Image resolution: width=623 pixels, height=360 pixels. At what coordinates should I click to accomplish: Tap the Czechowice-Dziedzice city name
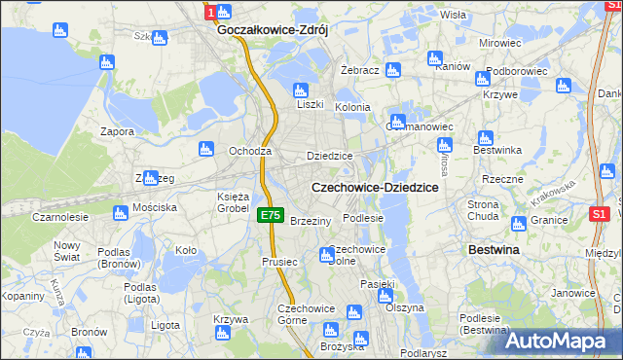[x=374, y=186]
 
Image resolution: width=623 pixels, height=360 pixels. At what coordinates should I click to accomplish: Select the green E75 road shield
[x=272, y=216]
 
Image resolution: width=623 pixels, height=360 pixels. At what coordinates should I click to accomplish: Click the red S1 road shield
[x=600, y=214]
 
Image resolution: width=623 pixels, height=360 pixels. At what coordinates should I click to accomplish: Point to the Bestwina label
[x=494, y=250]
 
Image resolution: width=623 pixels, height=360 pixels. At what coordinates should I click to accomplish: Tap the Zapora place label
[x=117, y=130]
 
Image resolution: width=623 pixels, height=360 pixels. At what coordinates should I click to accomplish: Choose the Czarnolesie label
[x=59, y=217]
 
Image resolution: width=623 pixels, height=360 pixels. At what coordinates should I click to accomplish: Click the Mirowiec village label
[x=500, y=44]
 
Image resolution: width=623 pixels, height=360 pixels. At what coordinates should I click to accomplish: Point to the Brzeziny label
[x=311, y=221]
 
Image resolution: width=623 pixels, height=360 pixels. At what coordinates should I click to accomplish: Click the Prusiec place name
[x=278, y=262]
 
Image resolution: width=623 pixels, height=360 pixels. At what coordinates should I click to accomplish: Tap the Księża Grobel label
[x=234, y=202]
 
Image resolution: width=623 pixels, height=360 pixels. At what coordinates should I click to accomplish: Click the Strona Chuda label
[x=484, y=210]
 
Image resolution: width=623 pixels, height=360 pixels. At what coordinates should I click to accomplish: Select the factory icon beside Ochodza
[x=205, y=149]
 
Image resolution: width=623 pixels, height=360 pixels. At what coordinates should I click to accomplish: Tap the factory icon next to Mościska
[x=121, y=212]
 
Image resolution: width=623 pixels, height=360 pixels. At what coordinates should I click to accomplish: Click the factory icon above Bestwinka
[x=484, y=138]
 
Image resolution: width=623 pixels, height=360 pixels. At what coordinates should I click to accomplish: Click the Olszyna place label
[x=405, y=307]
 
